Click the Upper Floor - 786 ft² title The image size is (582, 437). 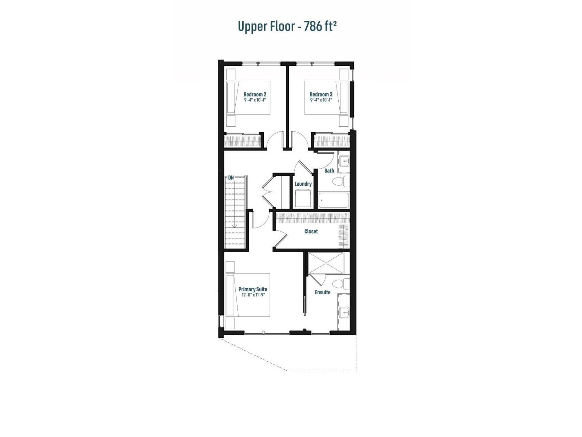click(286, 26)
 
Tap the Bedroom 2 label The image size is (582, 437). click(255, 94)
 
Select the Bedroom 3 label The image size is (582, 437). click(321, 94)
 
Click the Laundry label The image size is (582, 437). click(303, 184)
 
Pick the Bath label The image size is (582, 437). click(329, 170)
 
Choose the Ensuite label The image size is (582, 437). click(323, 292)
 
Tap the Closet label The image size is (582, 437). click(311, 231)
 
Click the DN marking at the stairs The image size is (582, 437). click(231, 177)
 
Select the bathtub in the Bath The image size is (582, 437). click(334, 200)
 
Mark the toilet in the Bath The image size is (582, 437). click(340, 181)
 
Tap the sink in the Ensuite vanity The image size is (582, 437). click(344, 312)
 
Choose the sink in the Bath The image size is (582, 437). click(344, 160)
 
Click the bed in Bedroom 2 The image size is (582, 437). click(248, 98)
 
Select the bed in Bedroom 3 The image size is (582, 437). click(327, 98)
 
